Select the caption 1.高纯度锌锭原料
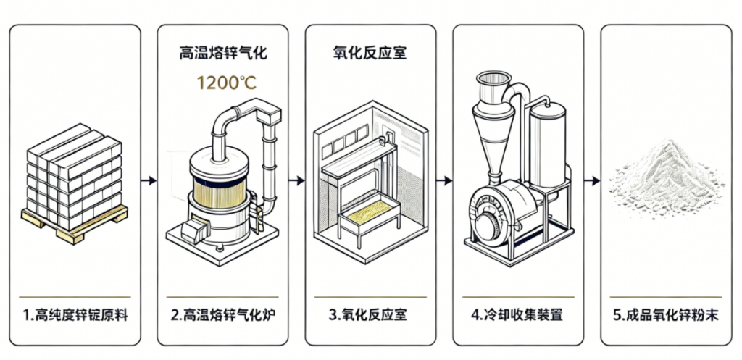coord(75,315)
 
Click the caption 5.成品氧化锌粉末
coord(665,315)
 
